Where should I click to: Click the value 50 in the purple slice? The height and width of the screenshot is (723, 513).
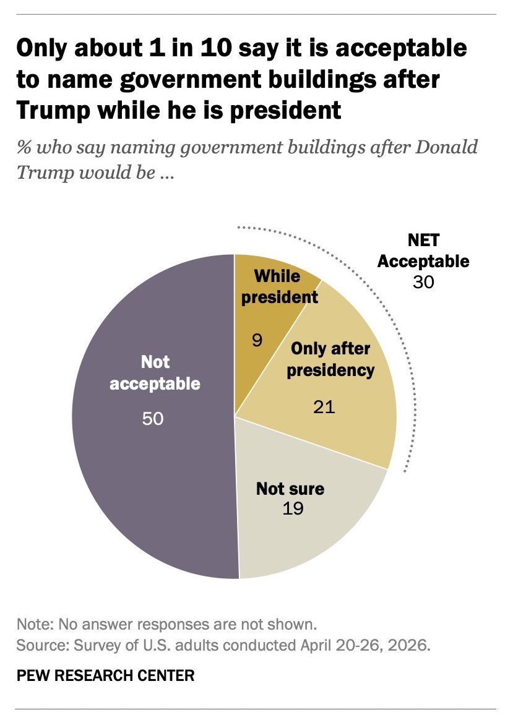[x=153, y=419]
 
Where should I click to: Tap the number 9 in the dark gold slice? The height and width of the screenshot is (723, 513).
[x=257, y=340]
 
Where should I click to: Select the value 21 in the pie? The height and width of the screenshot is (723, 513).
[x=324, y=407]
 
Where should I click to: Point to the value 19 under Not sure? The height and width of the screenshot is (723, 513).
[x=293, y=508]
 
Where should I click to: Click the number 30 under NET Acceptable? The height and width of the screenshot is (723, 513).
[x=423, y=282]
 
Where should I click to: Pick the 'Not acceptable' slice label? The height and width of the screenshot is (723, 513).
[x=155, y=372]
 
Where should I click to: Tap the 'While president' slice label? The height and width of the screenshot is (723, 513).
[x=280, y=286]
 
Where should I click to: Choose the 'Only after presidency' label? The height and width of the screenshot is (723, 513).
[x=330, y=359]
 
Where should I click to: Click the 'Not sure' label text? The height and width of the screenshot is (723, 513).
[x=290, y=489]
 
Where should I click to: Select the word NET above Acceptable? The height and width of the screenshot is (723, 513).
[x=423, y=240]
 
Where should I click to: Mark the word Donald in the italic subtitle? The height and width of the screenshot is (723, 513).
[x=447, y=147]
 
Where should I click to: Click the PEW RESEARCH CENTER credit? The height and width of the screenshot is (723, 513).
[x=106, y=675]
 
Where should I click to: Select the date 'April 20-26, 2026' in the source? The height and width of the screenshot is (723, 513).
[x=365, y=645]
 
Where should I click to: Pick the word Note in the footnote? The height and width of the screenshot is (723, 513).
[x=35, y=624]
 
